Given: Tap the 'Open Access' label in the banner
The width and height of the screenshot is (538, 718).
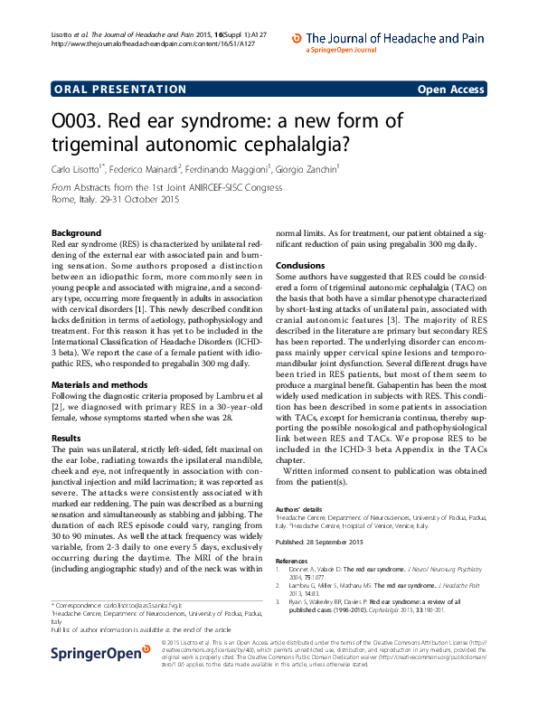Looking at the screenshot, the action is (450, 89).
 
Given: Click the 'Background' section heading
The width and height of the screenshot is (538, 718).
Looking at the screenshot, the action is (77, 232).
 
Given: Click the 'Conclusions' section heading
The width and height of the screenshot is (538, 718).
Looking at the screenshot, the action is (300, 264).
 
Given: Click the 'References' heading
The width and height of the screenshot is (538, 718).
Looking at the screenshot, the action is (292, 561).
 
